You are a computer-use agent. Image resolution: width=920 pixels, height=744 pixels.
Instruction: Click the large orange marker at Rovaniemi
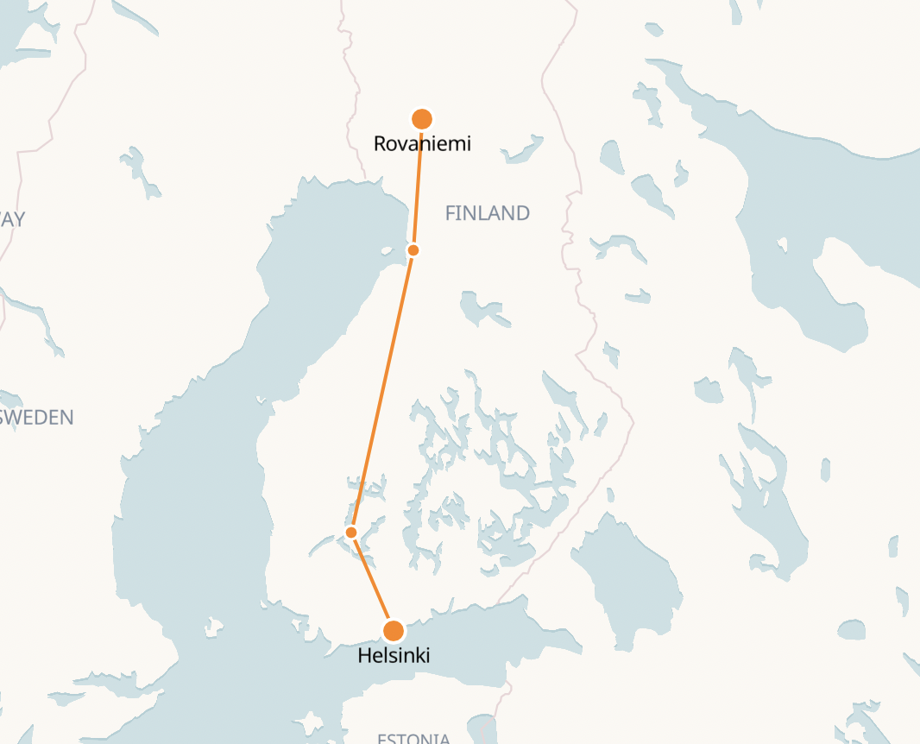pyautogui.click(x=421, y=119)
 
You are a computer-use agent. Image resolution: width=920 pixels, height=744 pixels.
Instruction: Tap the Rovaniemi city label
pyautogui.click(x=422, y=143)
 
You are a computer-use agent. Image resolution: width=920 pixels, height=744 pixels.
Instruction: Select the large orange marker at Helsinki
pyautogui.click(x=394, y=631)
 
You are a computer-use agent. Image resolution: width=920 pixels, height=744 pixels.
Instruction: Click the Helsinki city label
pyautogui.click(x=394, y=656)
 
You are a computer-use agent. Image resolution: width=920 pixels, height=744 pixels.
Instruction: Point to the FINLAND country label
pyautogui.click(x=487, y=213)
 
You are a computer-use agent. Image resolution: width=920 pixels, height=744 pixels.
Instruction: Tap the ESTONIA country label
pyautogui.click(x=413, y=738)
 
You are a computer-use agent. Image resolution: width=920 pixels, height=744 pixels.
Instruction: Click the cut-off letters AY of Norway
pyautogui.click(x=12, y=219)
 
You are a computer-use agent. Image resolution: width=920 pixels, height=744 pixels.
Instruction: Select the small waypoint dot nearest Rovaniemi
pyautogui.click(x=413, y=250)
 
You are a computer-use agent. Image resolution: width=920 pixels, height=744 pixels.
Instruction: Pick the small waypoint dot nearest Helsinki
pyautogui.click(x=351, y=533)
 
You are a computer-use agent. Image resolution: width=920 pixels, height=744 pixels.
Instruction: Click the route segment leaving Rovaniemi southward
pyautogui.click(x=418, y=186)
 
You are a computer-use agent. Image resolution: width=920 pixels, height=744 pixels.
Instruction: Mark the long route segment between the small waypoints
pyautogui.click(x=382, y=391)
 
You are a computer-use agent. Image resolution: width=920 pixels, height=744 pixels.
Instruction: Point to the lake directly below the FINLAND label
pyautogui.click(x=480, y=308)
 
